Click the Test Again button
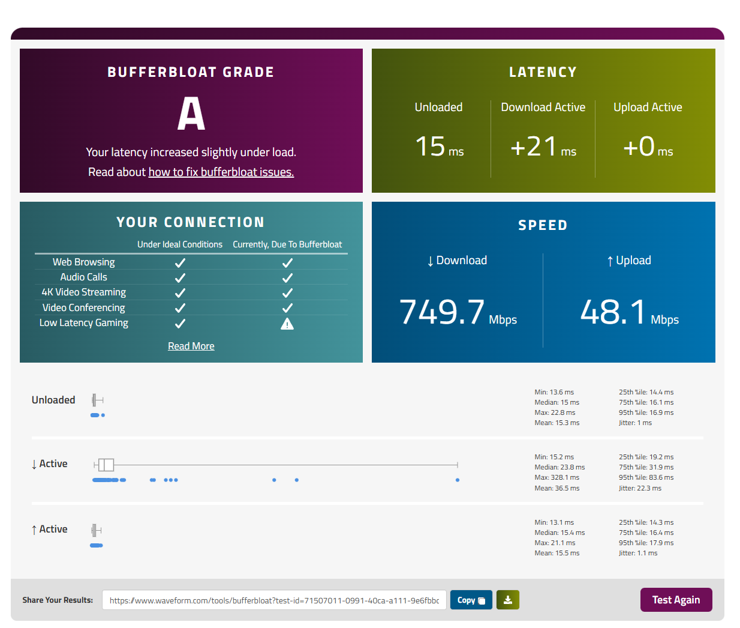click(676, 600)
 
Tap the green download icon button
click(508, 600)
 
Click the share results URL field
click(274, 600)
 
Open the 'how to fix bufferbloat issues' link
click(221, 172)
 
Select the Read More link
click(191, 346)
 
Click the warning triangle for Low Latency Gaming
click(287, 324)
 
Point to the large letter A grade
click(191, 113)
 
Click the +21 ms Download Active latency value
click(543, 146)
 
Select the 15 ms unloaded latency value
click(440, 146)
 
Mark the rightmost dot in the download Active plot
click(458, 480)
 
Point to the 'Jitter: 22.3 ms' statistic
click(640, 488)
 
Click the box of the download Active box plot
click(106, 465)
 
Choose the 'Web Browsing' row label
click(84, 262)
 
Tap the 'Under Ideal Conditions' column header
click(180, 244)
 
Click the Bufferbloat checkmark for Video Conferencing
click(287, 308)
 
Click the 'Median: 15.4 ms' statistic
click(559, 533)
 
